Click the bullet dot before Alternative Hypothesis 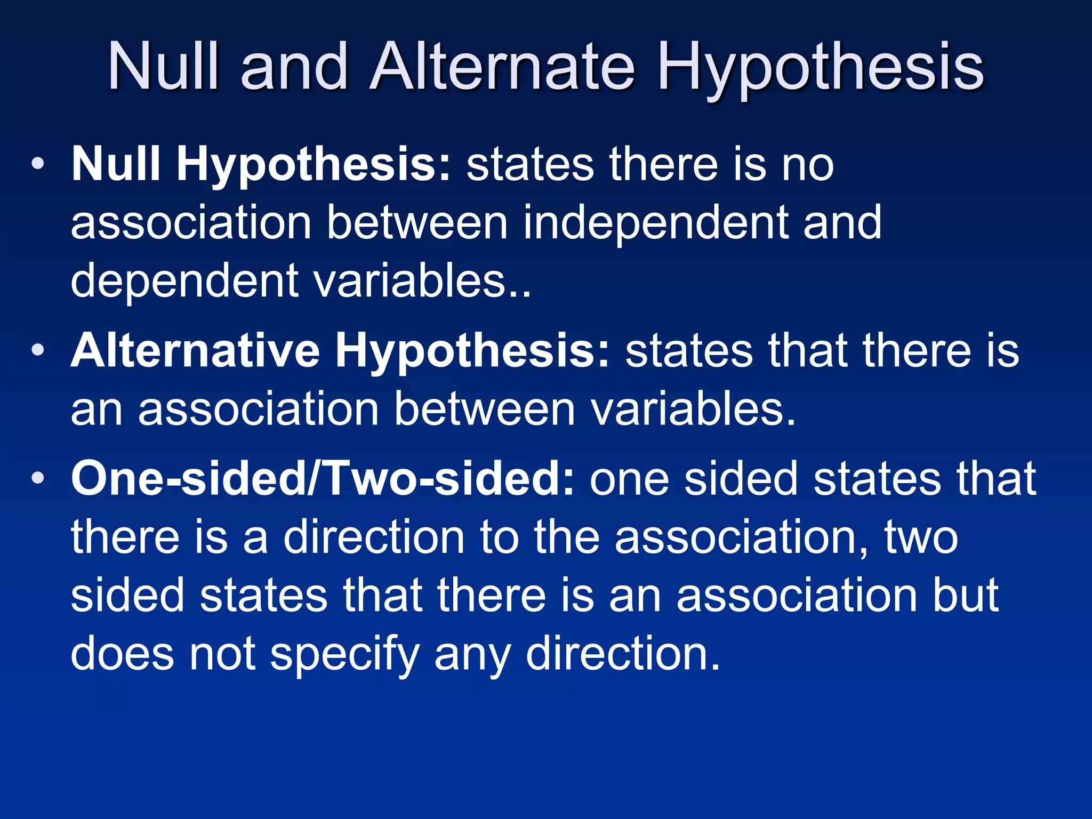click(37, 350)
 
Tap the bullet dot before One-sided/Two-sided click(37, 478)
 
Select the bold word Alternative click(195, 350)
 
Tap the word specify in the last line click(345, 654)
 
